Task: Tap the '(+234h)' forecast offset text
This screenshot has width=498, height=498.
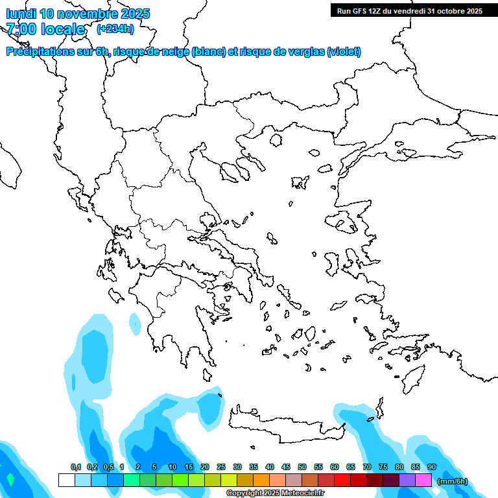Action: click(115, 29)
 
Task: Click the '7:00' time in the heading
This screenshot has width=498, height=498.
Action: click(20, 29)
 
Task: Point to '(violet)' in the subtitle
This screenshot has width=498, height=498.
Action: click(344, 52)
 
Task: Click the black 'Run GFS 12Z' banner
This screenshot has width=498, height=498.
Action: click(409, 10)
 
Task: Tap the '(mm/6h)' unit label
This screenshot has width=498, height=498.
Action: click(453, 481)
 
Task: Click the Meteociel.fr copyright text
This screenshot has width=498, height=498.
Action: click(275, 493)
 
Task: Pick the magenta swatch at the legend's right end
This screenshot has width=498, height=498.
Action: click(423, 480)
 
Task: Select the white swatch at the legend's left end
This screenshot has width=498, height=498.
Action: click(66, 480)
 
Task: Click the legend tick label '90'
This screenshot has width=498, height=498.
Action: click(431, 467)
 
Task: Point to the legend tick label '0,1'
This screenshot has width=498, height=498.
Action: click(76, 467)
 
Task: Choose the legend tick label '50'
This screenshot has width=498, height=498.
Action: click(302, 467)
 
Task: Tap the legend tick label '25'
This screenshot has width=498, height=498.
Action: click(221, 467)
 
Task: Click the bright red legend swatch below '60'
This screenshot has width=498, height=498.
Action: click(342, 480)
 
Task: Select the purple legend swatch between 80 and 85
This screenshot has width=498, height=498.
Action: click(407, 480)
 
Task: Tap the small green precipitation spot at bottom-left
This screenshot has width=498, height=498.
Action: click(10, 480)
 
